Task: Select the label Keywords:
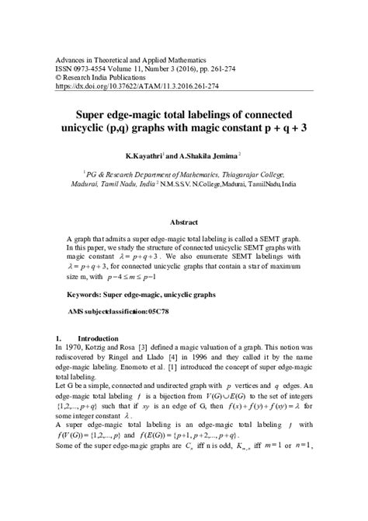(x=87, y=295)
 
